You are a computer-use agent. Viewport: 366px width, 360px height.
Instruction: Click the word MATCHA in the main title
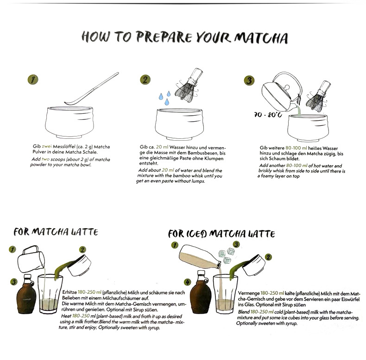tap(261, 38)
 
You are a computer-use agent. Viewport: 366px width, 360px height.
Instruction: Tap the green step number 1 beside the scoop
tap(33, 80)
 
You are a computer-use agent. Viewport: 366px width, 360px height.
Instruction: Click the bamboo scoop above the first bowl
tap(92, 89)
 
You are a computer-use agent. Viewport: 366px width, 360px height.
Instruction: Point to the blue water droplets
tap(165, 98)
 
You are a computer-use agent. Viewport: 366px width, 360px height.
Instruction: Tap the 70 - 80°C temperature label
tap(268, 115)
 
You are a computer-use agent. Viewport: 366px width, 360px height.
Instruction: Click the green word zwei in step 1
tap(47, 146)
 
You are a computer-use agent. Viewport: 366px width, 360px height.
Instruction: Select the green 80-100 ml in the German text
tap(296, 148)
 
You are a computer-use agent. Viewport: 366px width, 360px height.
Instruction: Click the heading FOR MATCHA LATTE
tap(56, 232)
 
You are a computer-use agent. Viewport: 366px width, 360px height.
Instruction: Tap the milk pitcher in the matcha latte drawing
tap(32, 259)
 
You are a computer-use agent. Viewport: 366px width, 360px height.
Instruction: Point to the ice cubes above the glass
tap(226, 255)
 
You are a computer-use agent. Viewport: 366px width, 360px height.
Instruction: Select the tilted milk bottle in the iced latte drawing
tap(200, 256)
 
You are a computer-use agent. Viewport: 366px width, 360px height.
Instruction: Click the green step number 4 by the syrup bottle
tap(187, 282)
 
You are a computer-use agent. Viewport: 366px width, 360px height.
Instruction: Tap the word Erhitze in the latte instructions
tap(69, 292)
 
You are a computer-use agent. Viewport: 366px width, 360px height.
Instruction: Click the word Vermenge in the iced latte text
tap(249, 293)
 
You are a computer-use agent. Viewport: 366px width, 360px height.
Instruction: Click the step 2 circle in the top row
tap(145, 80)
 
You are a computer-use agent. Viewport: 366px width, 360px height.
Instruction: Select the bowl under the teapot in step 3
tap(307, 128)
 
